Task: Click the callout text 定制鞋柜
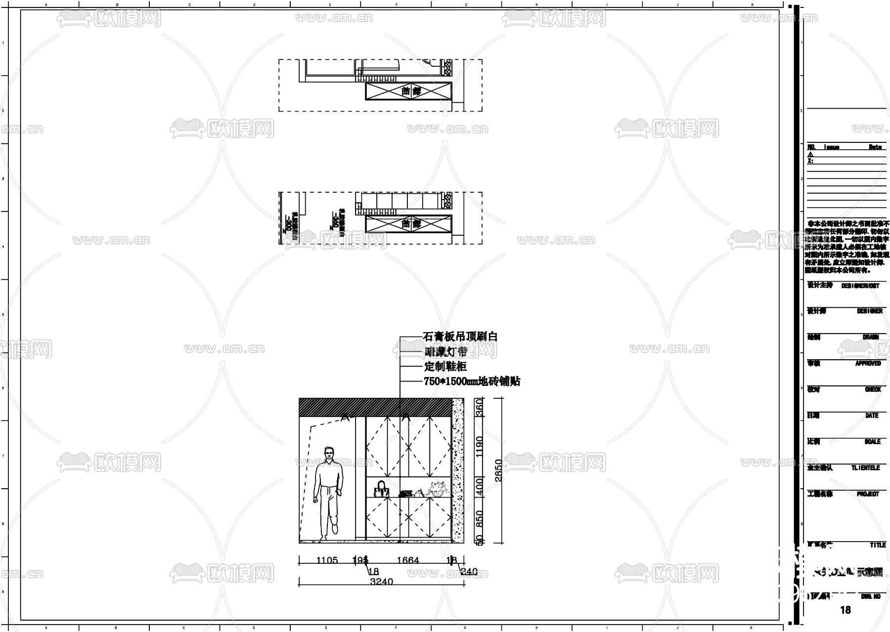point(445,367)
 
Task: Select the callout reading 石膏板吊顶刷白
point(460,337)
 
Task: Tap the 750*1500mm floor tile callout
point(472,381)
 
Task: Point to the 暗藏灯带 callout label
point(445,352)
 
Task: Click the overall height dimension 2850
point(498,470)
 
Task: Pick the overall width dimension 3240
point(381,582)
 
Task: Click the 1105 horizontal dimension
point(327,560)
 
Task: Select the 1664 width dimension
point(408,560)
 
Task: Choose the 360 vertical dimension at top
point(479,408)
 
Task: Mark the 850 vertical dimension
point(479,519)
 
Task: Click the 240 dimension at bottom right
point(469,572)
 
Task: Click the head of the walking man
point(329,454)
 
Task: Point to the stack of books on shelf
point(406,493)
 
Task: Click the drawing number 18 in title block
point(845,610)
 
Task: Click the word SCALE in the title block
point(872,442)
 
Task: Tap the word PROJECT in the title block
point(868,494)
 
